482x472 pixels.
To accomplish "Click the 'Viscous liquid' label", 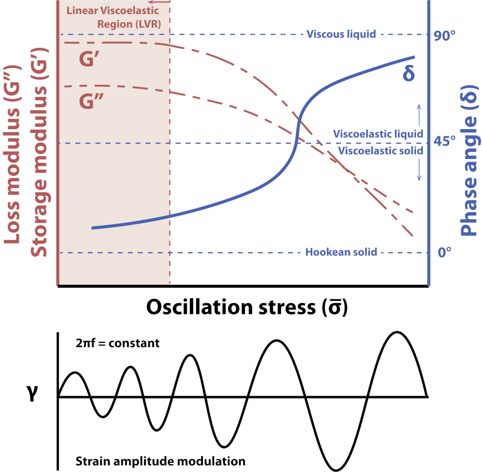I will coord(341,34).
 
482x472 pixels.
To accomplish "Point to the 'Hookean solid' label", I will coord(341,252).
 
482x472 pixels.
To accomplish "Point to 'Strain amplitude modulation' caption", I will coord(161,460).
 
